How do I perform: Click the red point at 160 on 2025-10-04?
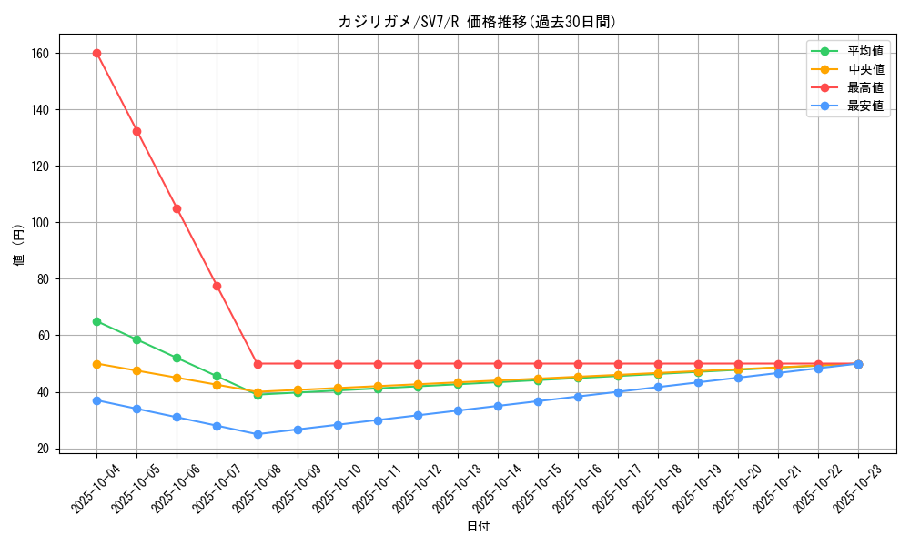pos(96,53)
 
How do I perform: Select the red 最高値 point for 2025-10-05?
pos(136,131)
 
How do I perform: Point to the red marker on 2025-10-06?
pos(177,208)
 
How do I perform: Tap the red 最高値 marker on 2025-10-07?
pos(217,286)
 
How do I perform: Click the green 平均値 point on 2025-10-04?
pos(96,321)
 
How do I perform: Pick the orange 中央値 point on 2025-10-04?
pos(96,364)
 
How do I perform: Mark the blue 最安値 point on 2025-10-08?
pos(258,434)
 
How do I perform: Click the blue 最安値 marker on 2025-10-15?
pos(538,401)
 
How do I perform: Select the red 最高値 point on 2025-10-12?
pos(418,364)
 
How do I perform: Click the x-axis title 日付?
pos(478,527)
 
